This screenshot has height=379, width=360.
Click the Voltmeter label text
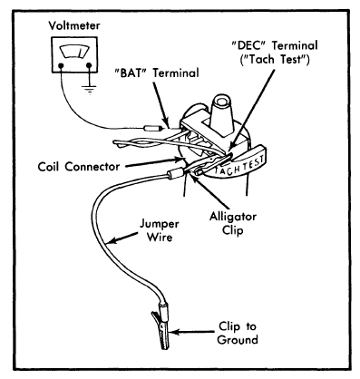pos(74,25)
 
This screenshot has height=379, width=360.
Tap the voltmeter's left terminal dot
pos(61,65)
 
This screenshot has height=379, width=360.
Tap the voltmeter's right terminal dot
pos(89,65)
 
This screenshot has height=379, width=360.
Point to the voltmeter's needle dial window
pos(75,51)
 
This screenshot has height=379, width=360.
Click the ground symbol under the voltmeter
pos(89,90)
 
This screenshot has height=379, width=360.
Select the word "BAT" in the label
pos(131,73)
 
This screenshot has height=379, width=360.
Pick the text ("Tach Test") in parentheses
pos(275,59)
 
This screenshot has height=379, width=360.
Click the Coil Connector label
pos(79,167)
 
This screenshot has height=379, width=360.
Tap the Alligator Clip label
pos(233,223)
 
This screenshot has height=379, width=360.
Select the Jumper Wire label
pos(160,230)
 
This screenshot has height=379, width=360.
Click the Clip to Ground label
pos(238,333)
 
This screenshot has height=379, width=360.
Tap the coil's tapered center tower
pos(222,117)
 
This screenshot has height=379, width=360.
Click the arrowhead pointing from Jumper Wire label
pos(112,240)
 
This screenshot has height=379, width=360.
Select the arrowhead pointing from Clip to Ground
pos(173,332)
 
